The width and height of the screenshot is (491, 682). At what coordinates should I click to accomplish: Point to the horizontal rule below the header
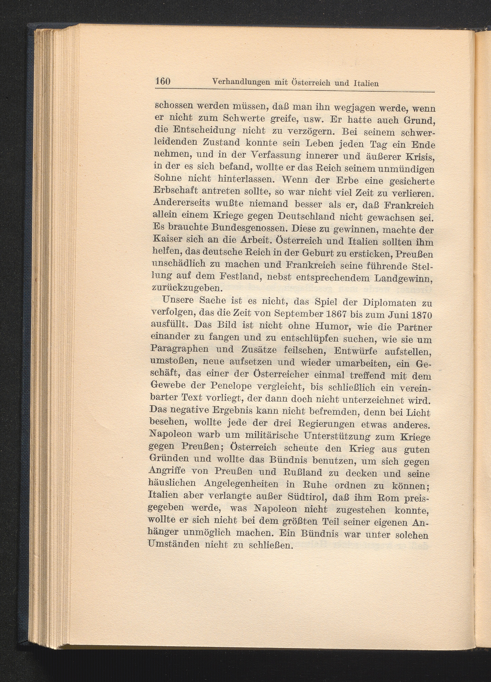pos(295,91)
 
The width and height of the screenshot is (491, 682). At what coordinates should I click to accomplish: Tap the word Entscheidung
pos(204,130)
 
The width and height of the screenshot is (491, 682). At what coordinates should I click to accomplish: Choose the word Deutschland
pos(306,216)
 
